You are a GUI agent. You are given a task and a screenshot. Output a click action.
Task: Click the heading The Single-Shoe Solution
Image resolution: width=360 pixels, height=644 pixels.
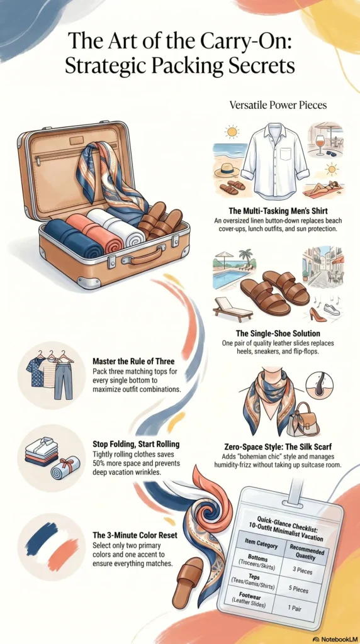[274, 333]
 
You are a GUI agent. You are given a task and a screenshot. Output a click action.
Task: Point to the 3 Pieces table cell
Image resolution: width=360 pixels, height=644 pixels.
[303, 570]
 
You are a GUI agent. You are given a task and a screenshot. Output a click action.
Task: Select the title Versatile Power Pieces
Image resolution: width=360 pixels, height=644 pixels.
[278, 105]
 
